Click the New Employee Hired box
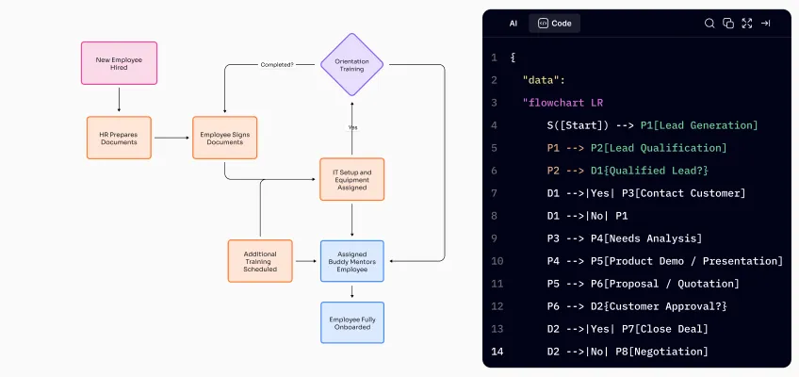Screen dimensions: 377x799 (x=120, y=63)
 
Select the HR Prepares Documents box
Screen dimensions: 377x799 (x=119, y=138)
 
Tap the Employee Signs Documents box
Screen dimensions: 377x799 (x=224, y=138)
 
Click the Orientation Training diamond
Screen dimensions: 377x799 (x=351, y=64)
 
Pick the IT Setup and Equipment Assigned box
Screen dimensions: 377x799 (x=351, y=179)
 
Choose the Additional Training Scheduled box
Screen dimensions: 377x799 (x=260, y=261)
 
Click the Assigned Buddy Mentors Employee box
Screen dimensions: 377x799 (x=351, y=261)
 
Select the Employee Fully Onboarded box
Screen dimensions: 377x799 (x=351, y=322)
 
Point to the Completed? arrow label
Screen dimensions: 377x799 (x=276, y=65)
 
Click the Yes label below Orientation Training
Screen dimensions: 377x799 (x=352, y=127)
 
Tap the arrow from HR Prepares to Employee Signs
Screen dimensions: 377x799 (x=171, y=138)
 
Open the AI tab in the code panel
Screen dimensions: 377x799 (x=514, y=24)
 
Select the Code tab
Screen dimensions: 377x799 (x=555, y=24)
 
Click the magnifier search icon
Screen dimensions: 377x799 (x=709, y=24)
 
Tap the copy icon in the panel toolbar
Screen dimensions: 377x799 (x=728, y=24)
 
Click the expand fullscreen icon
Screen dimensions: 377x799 (x=747, y=24)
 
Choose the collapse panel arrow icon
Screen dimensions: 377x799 (x=766, y=24)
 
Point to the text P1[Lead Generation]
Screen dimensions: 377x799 (x=699, y=125)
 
